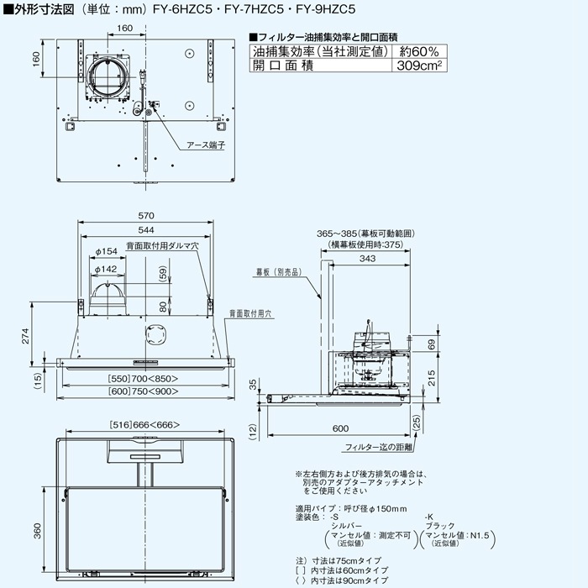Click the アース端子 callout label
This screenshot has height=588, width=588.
coord(207,144)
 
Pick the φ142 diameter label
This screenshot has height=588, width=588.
coord(107,269)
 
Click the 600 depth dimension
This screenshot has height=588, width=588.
coord(340,428)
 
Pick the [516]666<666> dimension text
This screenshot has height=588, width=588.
coord(145,427)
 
